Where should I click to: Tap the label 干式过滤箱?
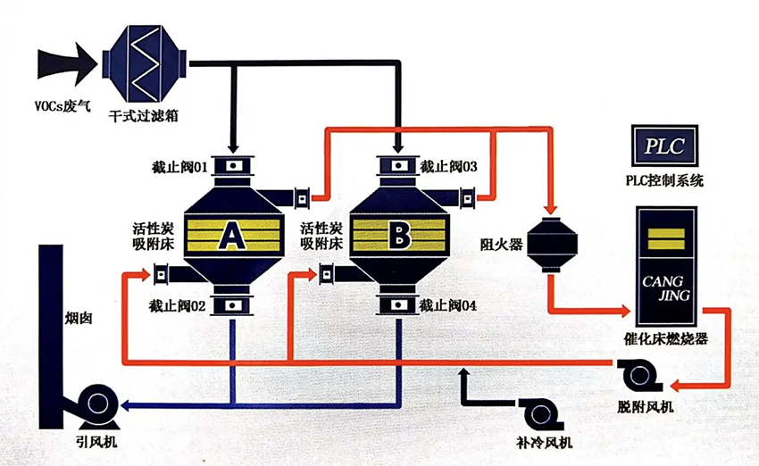tap(144, 115)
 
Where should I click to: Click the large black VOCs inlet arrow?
tap(66, 62)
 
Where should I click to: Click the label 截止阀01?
tap(179, 167)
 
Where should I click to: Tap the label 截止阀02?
tap(179, 305)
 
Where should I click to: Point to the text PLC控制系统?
tap(663, 181)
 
